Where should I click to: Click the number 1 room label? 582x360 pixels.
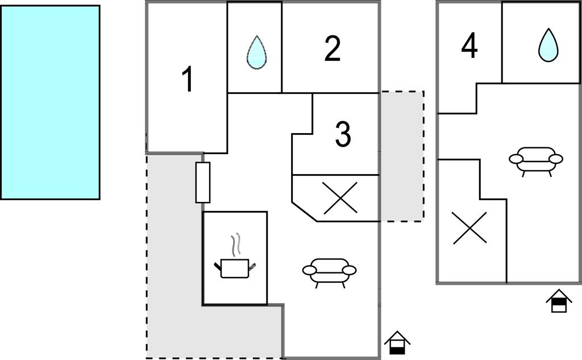coord(187,80)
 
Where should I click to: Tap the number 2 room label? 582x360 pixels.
coord(332,49)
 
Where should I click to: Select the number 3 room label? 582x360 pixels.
coord(342,134)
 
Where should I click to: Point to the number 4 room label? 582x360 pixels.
coord(469,46)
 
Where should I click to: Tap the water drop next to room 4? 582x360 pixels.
coord(548,45)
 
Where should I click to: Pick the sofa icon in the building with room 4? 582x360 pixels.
coord(535,160)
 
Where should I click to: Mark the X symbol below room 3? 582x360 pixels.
coord(340,198)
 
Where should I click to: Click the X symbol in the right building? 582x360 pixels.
coord(469,228)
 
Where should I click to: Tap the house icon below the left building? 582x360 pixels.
coord(397,343)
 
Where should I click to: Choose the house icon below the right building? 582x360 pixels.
coord(559,301)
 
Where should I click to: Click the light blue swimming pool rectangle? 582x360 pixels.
coord(50,102)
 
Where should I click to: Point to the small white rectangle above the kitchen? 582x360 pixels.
coord(203,182)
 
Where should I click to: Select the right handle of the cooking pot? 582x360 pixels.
coord(252,265)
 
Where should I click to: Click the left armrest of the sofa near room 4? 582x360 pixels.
coord(515,159)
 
